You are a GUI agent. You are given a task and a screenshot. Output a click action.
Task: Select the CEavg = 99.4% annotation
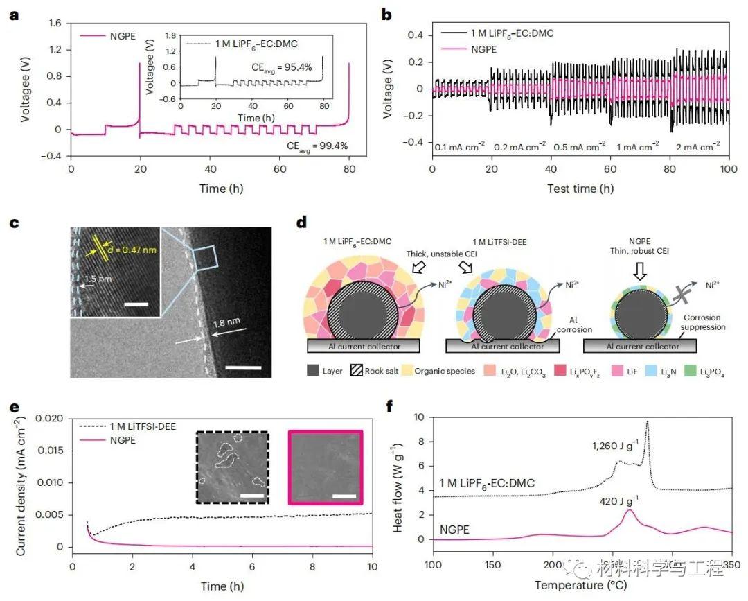(317, 146)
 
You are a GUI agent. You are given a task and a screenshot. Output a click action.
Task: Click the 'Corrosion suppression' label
(702, 323)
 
